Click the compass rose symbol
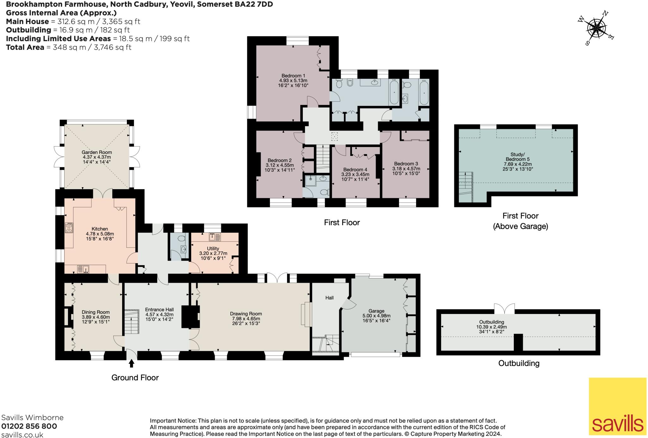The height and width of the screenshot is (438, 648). click(596, 29)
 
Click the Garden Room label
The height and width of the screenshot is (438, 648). click(97, 152)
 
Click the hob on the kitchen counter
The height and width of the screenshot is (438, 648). click(69, 228)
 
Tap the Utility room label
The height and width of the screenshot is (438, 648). click(213, 249)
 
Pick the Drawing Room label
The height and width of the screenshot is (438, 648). click(246, 314)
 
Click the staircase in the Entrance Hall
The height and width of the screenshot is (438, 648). click(132, 321)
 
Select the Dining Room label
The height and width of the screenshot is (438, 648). click(96, 312)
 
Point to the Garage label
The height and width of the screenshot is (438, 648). click(376, 311)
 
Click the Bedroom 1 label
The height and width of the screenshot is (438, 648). click(293, 76)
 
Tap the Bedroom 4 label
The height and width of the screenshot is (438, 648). click(355, 170)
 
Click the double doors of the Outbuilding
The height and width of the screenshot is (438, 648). click(504, 309)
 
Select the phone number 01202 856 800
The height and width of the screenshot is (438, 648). click(29, 426)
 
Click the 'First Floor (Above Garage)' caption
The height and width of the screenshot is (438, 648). click(520, 221)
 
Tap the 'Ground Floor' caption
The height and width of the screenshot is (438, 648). click(135, 377)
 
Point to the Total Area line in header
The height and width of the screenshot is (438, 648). click(69, 47)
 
